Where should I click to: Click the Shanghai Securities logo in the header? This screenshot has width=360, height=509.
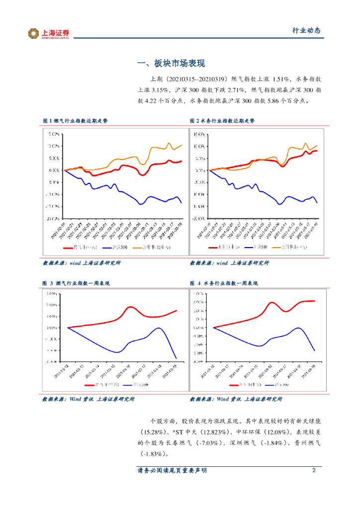coord(48,33)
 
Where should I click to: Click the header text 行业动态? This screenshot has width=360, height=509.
coord(306,31)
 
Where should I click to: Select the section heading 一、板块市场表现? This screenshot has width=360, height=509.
coord(171,63)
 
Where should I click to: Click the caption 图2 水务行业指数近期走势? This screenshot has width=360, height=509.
coord(222,121)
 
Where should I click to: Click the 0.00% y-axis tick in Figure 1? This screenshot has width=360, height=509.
coord(53,170)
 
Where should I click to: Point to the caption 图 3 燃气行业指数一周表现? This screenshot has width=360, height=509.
coord(76,283)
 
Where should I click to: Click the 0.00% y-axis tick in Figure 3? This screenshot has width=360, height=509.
coord(53,328)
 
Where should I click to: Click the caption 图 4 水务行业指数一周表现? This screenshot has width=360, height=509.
coord(223,283)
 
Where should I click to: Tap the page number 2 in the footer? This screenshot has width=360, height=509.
coord(314,470)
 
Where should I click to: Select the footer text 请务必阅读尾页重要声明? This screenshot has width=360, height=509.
coord(172,470)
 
